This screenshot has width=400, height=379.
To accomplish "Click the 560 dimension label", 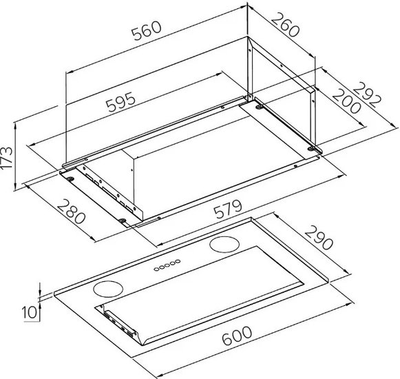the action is (147, 30).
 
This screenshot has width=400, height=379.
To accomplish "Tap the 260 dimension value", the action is (285, 25).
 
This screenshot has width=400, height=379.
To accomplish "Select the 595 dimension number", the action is (120, 102).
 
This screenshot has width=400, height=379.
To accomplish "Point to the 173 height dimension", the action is (7, 158).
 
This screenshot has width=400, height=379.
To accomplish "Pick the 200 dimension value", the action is (347, 101).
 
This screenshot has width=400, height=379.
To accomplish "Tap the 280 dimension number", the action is (71, 212).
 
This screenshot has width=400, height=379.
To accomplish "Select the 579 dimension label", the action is (228, 209).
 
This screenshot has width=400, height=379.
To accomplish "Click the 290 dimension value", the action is (319, 238).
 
